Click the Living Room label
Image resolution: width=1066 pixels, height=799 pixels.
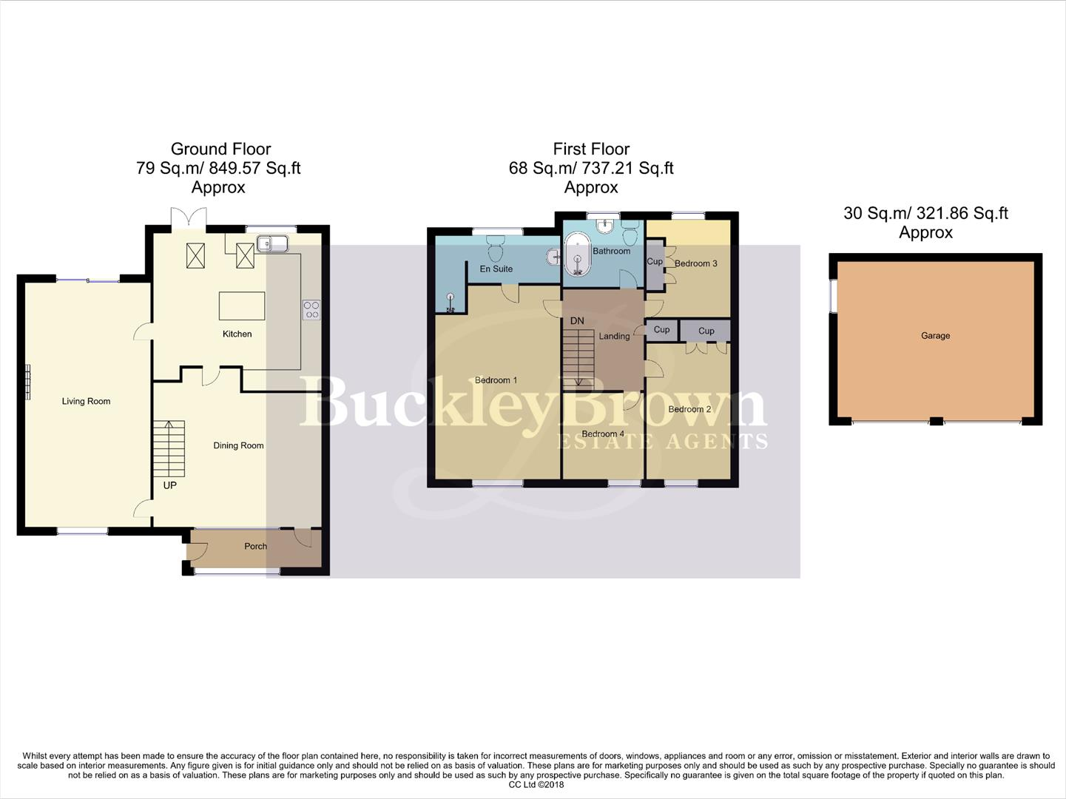click(86, 401)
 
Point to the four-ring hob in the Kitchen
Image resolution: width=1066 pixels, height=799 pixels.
click(311, 309)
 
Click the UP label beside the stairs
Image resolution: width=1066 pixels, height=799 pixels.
click(169, 485)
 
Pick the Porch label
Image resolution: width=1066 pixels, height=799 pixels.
click(255, 546)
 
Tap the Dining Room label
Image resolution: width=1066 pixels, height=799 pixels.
click(238, 445)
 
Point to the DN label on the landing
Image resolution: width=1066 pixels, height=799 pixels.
click(577, 321)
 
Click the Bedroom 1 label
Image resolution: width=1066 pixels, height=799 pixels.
click(496, 380)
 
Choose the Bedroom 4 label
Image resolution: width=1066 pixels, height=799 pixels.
click(602, 434)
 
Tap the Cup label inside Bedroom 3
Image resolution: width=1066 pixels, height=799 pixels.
click(655, 262)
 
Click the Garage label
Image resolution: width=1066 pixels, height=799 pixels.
click(935, 336)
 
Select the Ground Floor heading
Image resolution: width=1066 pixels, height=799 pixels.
click(220, 149)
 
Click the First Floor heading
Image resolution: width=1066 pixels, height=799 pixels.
click(591, 149)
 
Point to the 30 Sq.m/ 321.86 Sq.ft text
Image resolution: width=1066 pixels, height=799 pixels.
click(925, 213)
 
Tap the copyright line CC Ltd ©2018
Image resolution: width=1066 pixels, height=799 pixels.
click(536, 785)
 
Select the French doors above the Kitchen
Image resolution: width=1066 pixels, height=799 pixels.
click(187, 218)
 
